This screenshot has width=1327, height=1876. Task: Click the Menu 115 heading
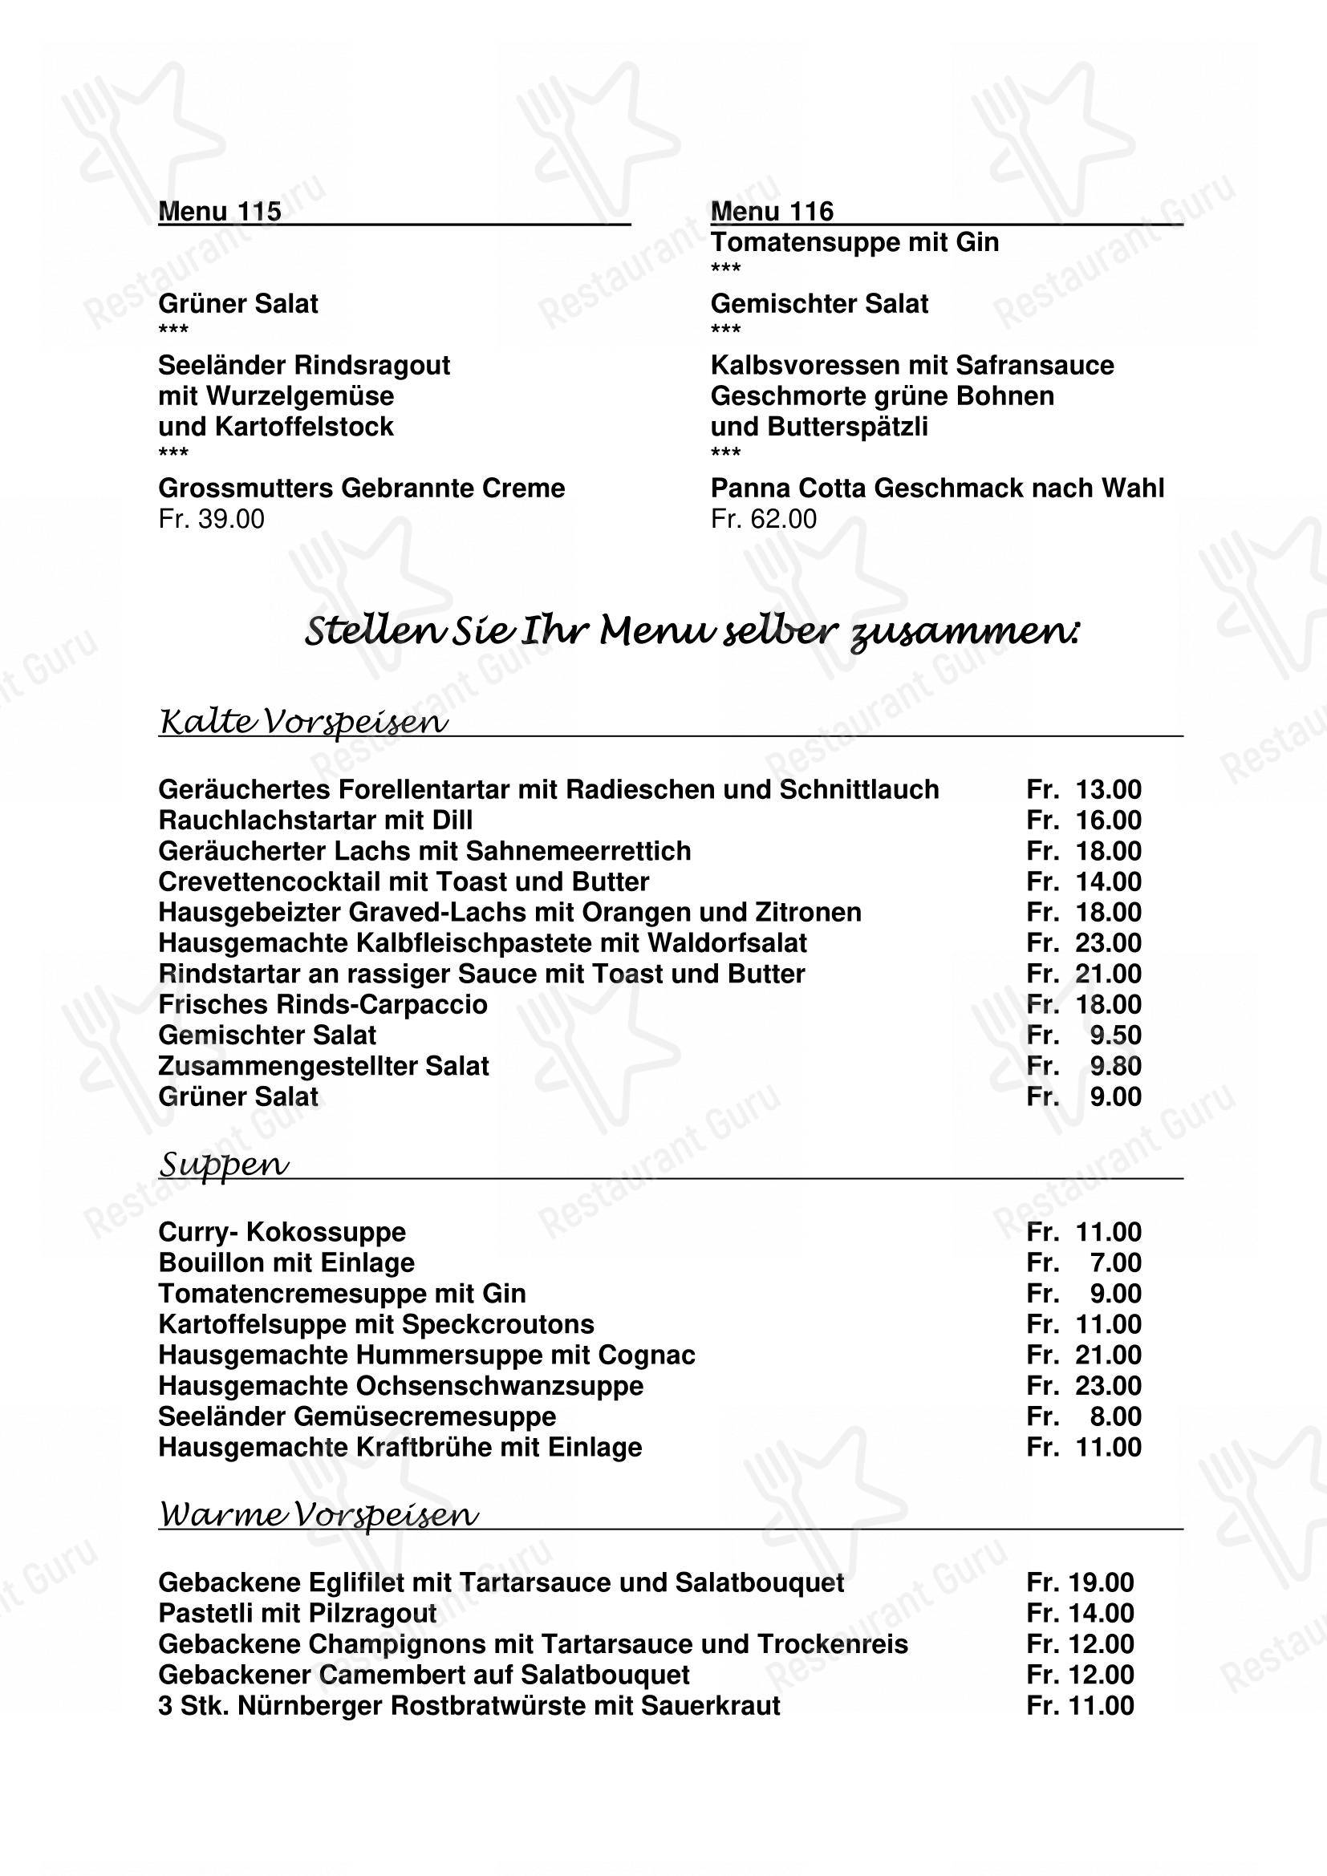point(219,212)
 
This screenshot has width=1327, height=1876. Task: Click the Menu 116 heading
point(771,212)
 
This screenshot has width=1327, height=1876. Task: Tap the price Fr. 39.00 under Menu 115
point(211,519)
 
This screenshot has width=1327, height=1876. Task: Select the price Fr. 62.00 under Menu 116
point(763,519)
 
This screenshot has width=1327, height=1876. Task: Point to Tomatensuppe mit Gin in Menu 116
point(854,243)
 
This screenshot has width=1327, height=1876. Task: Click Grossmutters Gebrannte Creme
point(361,488)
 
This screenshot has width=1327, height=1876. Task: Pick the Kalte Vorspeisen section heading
point(303,722)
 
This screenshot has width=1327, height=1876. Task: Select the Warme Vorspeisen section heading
point(319,1516)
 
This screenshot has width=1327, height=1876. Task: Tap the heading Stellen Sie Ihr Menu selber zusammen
point(692,631)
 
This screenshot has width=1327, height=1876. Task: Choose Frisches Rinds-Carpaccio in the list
point(323,1004)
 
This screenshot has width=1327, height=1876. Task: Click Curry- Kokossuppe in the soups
point(282,1232)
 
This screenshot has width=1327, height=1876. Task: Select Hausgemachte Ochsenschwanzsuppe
point(400,1386)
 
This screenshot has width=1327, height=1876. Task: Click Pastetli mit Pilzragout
point(298,1614)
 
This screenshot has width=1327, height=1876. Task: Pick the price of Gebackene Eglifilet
point(1080,1582)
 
